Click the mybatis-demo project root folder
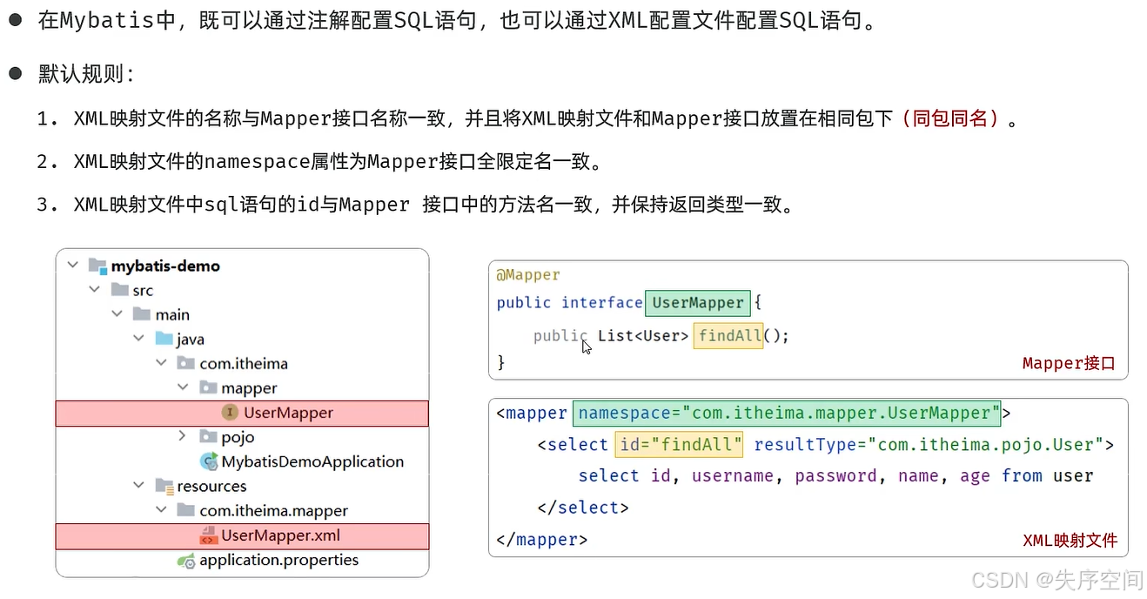(164, 266)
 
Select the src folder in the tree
(143, 290)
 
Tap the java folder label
(190, 339)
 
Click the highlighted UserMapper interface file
(288, 413)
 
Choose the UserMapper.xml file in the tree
(280, 535)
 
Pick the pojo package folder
(237, 437)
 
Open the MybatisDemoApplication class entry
(312, 461)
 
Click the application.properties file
(278, 560)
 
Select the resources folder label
(211, 486)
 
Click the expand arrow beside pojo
(182, 436)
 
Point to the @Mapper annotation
(528, 274)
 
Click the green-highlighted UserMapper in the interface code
(697, 302)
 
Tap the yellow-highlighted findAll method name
(728, 335)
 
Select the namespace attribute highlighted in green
(785, 413)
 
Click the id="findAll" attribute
(679, 444)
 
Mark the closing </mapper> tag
(541, 540)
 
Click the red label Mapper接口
(1068, 363)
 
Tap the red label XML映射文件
(1070, 540)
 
